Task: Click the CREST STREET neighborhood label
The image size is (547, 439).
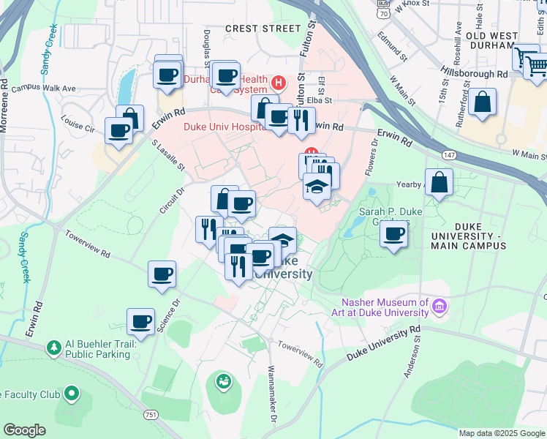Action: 263,29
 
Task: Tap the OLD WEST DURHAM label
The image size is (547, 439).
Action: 491,40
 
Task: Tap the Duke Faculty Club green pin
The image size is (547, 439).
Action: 71,394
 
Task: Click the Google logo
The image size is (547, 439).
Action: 25,430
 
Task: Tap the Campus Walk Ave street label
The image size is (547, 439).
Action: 48,89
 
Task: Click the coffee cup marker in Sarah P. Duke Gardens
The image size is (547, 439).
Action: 393,234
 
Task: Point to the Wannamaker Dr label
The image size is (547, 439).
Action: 270,396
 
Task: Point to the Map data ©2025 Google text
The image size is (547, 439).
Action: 500,433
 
